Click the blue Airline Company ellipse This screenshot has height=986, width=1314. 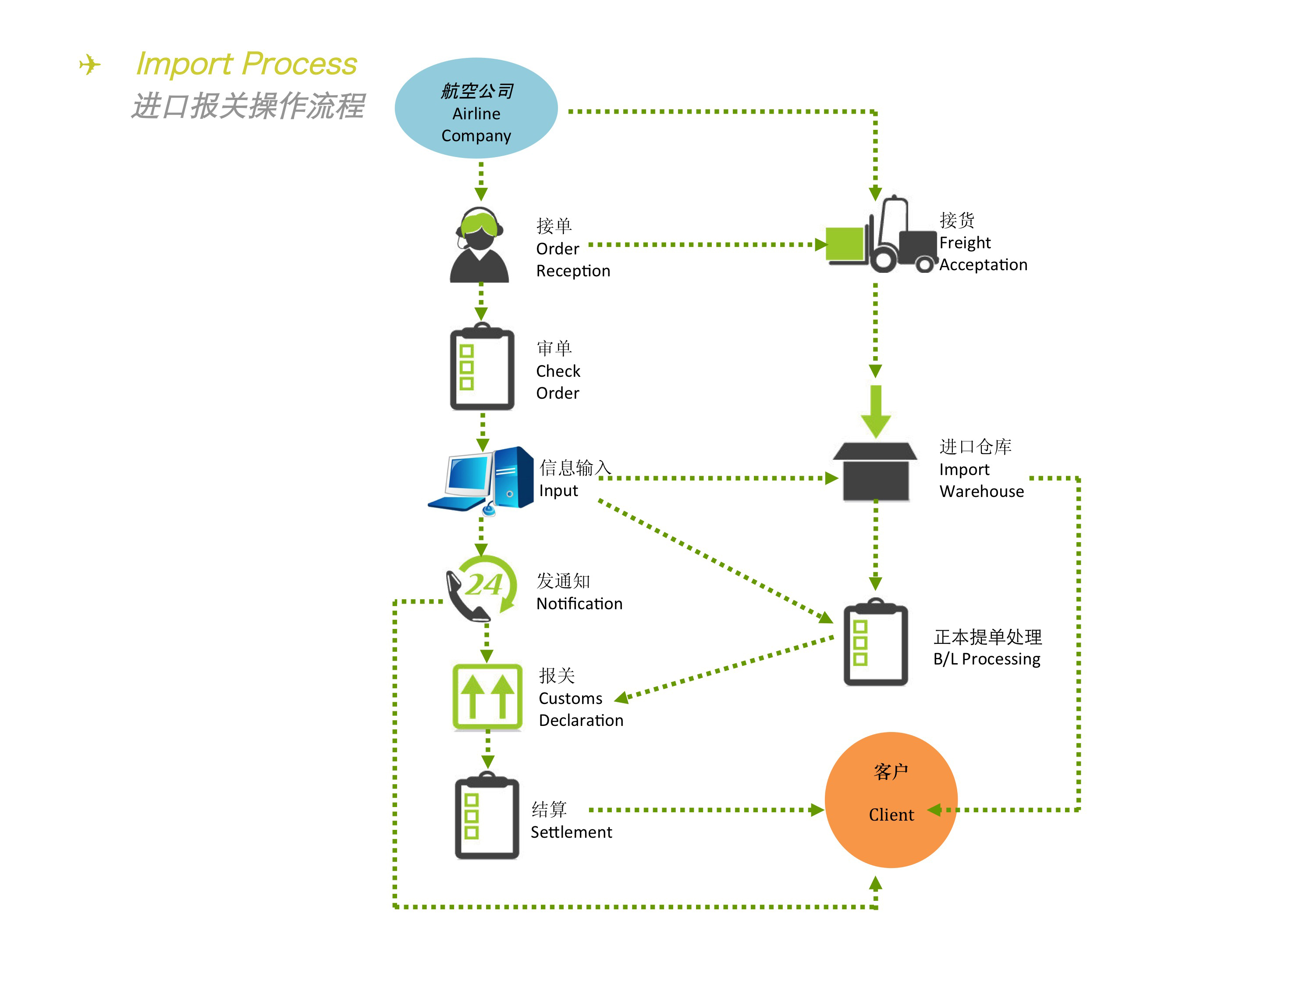pyautogui.click(x=476, y=108)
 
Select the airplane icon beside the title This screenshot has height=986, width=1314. pyautogui.click(x=90, y=64)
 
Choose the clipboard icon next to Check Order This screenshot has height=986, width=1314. pyautogui.click(x=482, y=367)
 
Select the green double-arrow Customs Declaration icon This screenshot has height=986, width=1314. pyautogui.click(x=487, y=697)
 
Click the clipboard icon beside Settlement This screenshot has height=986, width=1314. pyautogui.click(x=487, y=815)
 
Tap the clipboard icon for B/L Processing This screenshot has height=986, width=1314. pyautogui.click(x=876, y=643)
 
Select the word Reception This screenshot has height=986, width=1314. pyautogui.click(x=573, y=271)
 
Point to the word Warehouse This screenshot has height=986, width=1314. pyautogui.click(x=981, y=492)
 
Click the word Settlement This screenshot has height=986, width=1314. pyautogui.click(x=571, y=832)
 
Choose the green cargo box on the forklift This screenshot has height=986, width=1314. pyautogui.click(x=845, y=244)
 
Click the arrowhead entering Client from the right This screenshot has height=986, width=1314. pyautogui.click(x=934, y=810)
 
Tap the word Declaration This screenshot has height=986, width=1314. pyautogui.click(x=581, y=720)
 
